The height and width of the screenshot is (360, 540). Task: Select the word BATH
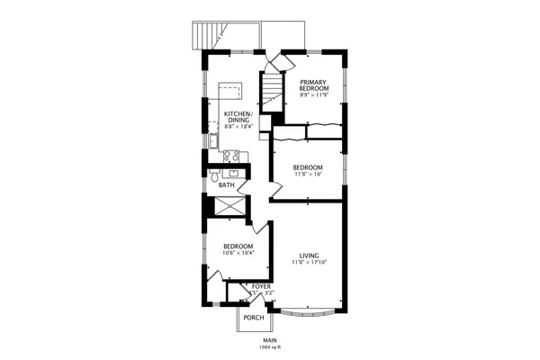point(227,185)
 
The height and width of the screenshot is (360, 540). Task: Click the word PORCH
point(253,317)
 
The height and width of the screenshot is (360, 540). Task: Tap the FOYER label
point(261,286)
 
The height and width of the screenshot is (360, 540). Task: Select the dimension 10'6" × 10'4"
point(238,253)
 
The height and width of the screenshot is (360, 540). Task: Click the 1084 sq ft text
point(269,346)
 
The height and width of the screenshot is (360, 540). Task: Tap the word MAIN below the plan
point(269,339)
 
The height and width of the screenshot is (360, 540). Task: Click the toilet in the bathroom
point(214,176)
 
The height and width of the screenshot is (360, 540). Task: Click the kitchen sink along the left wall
point(211,140)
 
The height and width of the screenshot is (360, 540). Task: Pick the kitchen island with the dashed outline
point(231,94)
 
